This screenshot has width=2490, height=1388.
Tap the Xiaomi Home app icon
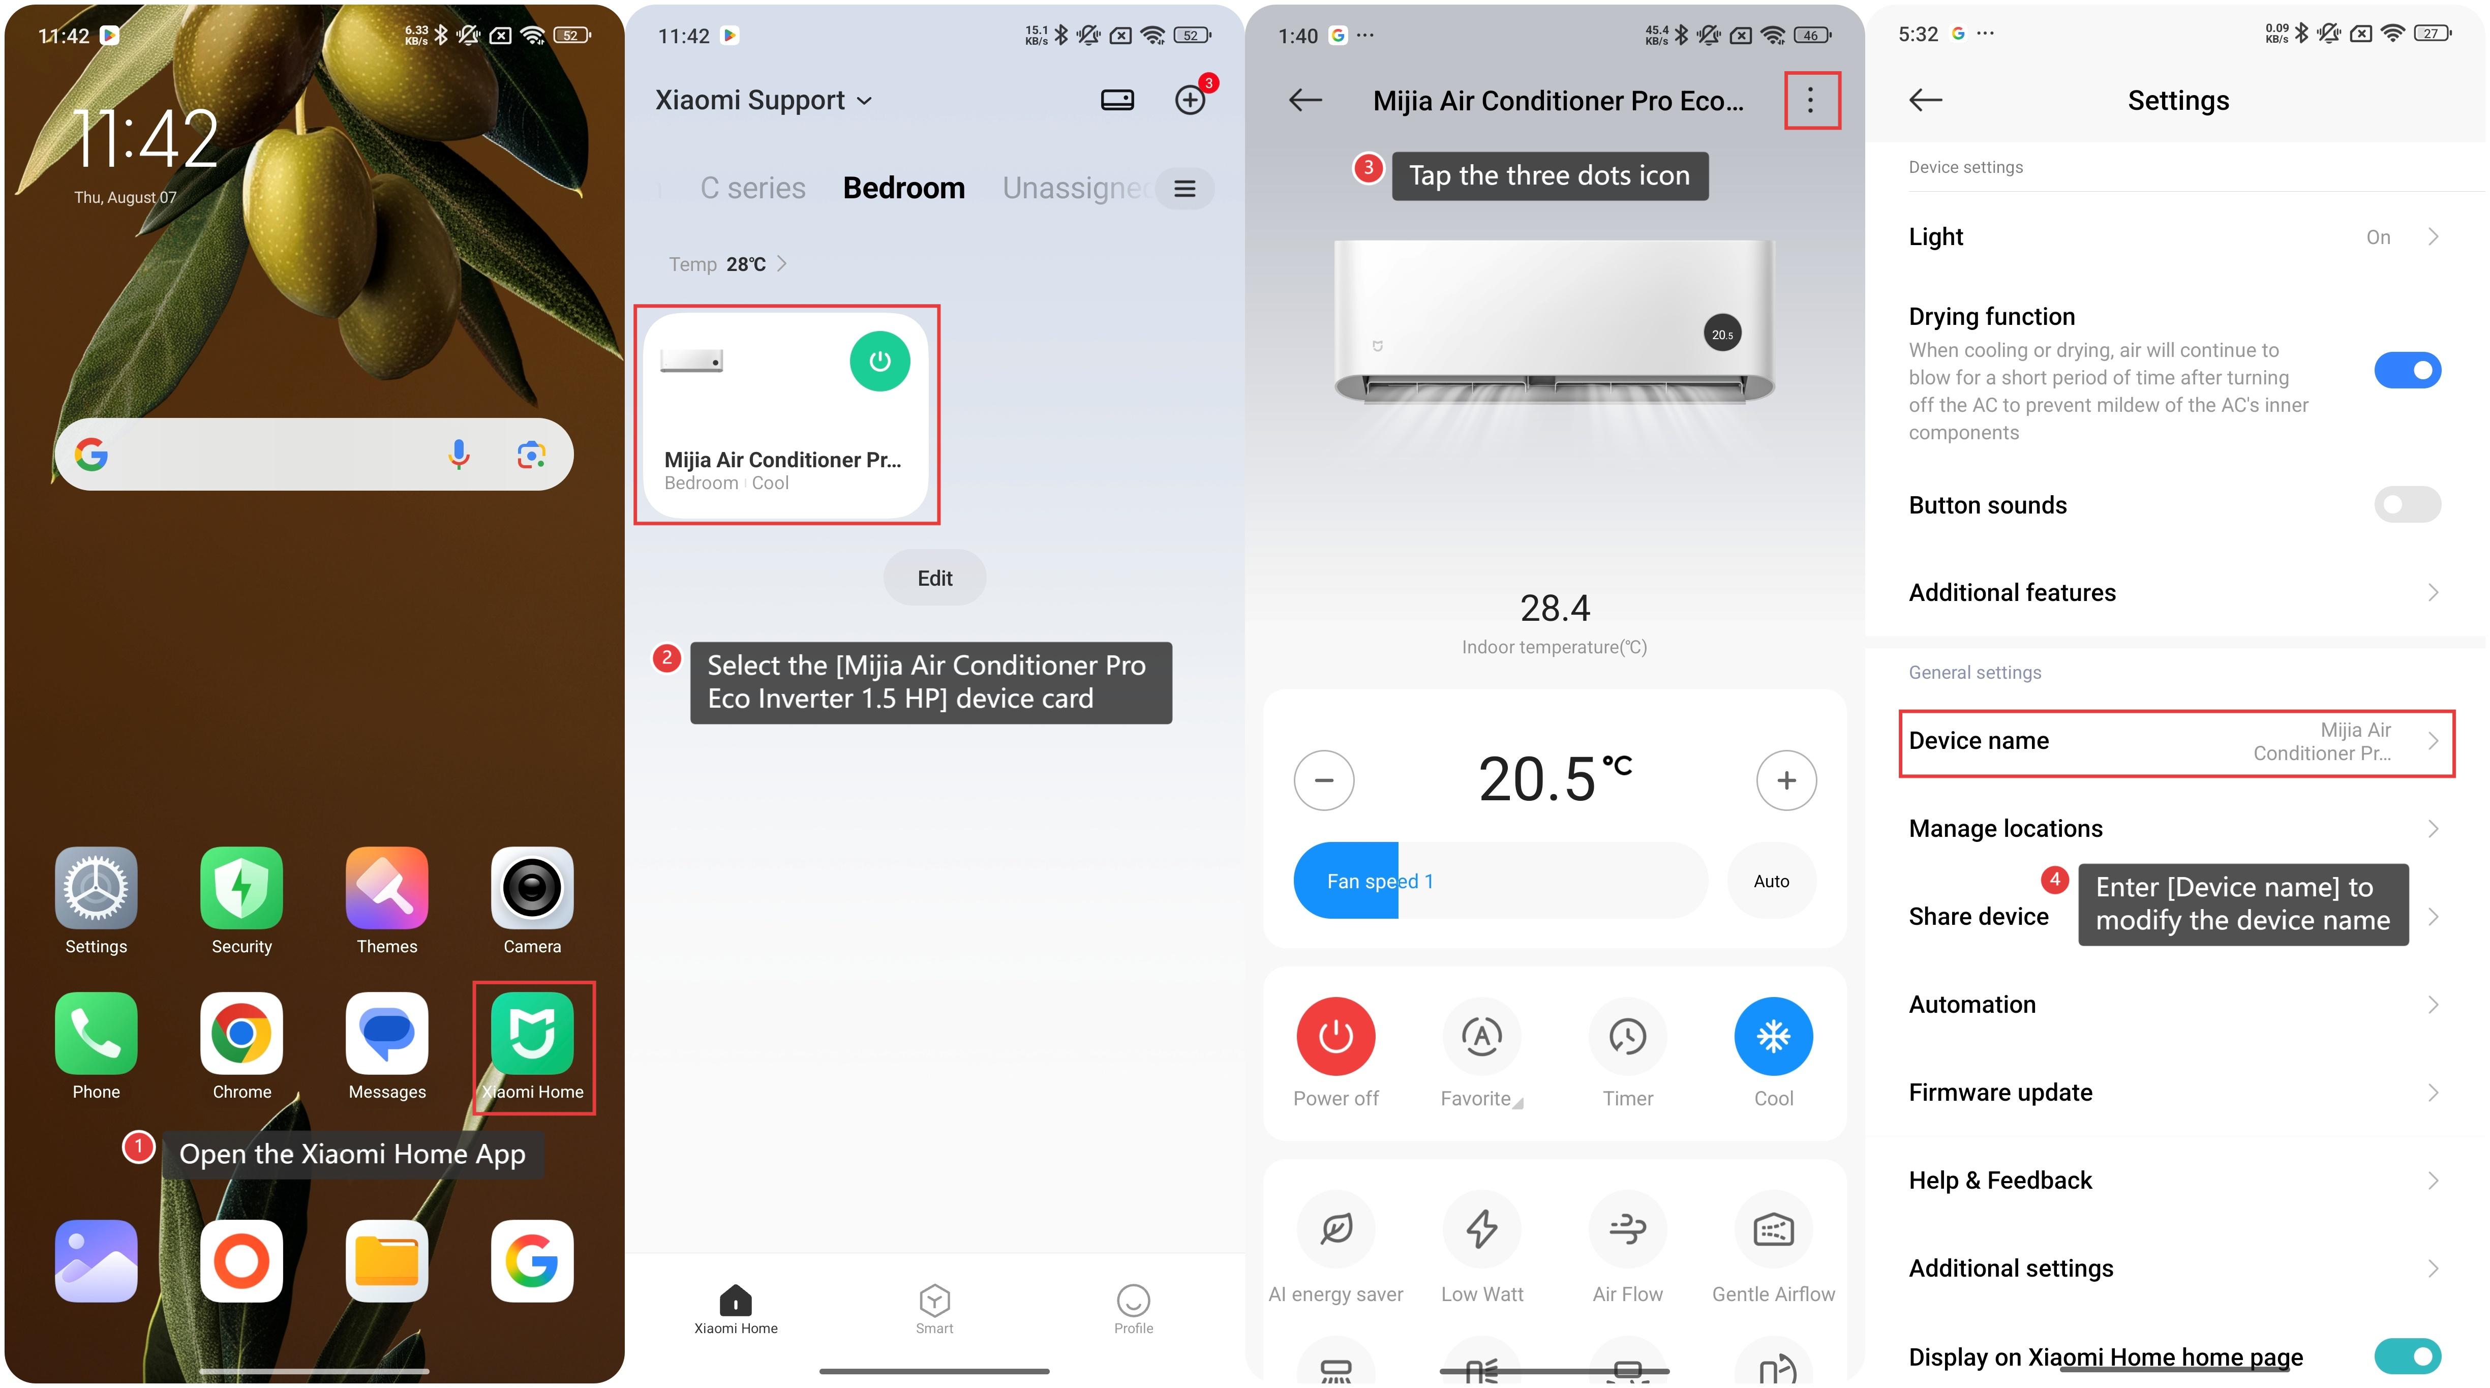click(532, 1033)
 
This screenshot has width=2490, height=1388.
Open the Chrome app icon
click(241, 1033)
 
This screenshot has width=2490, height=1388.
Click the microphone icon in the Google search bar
click(459, 455)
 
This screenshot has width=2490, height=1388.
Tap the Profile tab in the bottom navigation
click(1133, 1309)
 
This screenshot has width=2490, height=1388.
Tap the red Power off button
click(1336, 1036)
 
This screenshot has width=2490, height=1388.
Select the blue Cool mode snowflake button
click(1774, 1036)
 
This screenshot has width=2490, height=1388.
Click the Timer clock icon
click(1628, 1036)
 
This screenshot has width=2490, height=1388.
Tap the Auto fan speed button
click(1772, 881)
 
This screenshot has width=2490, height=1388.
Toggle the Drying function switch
click(2408, 370)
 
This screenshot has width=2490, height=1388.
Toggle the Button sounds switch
click(2408, 504)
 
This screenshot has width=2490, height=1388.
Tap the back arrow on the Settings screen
click(1926, 100)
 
